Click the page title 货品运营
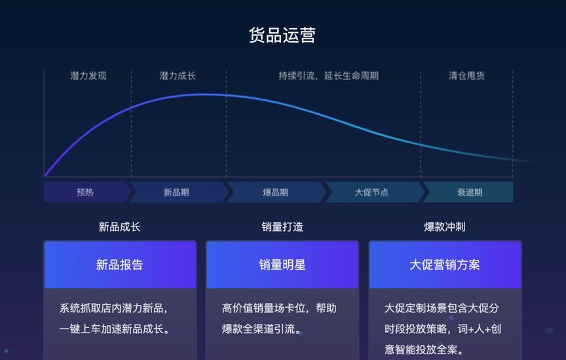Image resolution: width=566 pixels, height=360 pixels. pos(282,35)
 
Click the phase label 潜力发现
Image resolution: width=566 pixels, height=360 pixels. pos(88,76)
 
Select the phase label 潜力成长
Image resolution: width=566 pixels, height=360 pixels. pos(178,76)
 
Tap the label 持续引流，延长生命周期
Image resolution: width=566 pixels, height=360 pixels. pos(328,76)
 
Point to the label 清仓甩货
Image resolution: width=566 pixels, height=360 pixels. pos(466,76)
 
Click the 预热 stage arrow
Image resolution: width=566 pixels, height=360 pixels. pos(85,192)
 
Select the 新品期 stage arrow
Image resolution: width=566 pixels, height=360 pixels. pos(176,192)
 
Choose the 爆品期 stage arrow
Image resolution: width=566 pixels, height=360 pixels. pos(275,192)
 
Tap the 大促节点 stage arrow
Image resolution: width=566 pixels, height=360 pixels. pos(371,192)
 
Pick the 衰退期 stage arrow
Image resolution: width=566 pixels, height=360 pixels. pos(470,192)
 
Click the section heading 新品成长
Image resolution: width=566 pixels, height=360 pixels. pos(119,227)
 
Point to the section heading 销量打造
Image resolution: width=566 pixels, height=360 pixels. pos(282,227)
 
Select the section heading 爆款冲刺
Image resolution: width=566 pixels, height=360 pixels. pos(445,227)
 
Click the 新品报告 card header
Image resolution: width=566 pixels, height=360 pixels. pos(119,265)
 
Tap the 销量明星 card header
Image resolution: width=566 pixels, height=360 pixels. pos(282,265)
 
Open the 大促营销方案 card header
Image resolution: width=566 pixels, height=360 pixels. pos(445,265)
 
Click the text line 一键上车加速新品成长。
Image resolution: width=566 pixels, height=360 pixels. pos(115,329)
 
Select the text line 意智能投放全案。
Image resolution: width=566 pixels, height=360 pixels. pos(424,350)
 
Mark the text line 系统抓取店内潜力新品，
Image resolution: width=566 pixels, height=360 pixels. pos(115,308)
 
